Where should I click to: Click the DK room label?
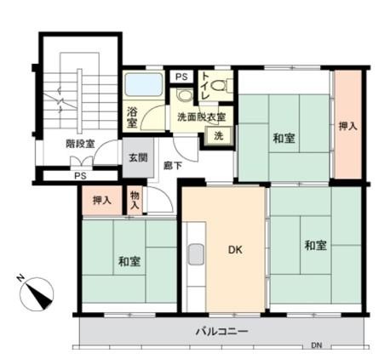[235, 250]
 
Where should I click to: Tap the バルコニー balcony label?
[222, 331]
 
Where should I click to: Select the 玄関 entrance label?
[138, 157]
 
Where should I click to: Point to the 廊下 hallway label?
[173, 166]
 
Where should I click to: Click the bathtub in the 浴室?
[144, 84]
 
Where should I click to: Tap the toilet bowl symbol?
[221, 85]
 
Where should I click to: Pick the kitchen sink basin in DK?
[196, 254]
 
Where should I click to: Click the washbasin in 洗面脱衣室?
[184, 95]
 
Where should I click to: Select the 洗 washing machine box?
[219, 136]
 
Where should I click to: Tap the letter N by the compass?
[20, 278]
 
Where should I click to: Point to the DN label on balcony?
[317, 345]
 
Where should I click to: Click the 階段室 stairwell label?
[80, 144]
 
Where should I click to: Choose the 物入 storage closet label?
[135, 200]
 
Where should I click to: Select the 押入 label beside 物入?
[102, 201]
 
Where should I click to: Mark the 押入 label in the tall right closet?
[348, 126]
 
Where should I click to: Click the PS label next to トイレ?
[181, 77]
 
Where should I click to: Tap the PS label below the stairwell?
[80, 176]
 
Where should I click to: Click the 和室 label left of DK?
[129, 261]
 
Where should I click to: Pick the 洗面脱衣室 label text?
[202, 117]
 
